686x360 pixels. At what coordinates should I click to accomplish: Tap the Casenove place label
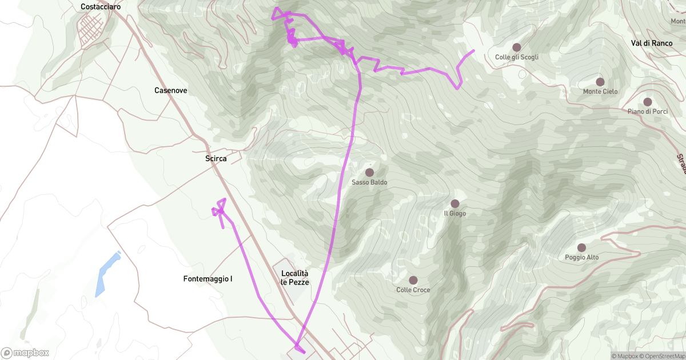point(170,90)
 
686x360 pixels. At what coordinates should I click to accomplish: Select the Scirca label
point(216,159)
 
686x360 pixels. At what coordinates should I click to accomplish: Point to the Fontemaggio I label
point(208,279)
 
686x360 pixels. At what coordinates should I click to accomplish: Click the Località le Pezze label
point(294,278)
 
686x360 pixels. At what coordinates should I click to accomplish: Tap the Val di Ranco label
point(651,43)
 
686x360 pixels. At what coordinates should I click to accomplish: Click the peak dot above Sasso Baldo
point(369,172)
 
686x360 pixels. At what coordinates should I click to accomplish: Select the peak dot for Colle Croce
point(413,280)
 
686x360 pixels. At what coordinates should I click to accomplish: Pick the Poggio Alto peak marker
point(581,247)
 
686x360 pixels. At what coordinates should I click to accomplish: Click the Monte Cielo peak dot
point(600,82)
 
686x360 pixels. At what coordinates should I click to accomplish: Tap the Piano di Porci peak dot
point(647,102)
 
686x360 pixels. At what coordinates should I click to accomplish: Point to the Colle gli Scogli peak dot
point(516,47)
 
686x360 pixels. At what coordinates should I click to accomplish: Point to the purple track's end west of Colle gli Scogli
point(473,51)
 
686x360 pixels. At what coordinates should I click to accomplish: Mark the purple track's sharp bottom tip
point(298,347)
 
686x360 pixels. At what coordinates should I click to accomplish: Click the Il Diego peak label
point(455,214)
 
